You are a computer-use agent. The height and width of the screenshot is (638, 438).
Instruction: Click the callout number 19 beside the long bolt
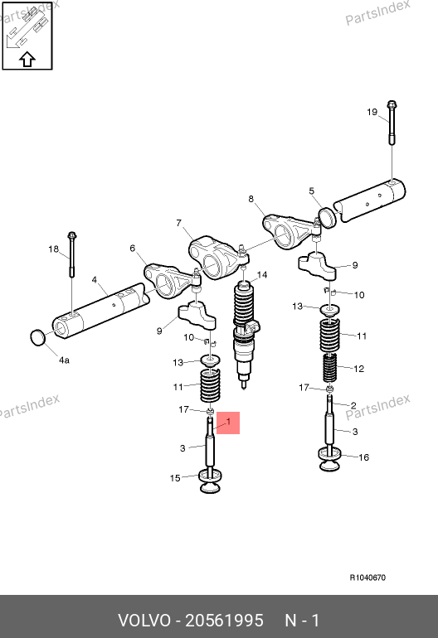372,112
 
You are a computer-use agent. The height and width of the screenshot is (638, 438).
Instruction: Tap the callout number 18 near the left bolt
53,249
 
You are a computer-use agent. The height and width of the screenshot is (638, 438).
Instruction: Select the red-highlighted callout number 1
228,422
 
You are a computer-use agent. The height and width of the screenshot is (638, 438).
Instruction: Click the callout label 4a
64,360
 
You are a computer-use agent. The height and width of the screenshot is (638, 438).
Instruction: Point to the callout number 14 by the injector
262,275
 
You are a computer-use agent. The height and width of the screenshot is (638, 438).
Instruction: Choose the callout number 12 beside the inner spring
359,369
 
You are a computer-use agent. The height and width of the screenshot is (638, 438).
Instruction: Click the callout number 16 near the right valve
364,457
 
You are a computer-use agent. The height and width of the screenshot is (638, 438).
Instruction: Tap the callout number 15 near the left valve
175,478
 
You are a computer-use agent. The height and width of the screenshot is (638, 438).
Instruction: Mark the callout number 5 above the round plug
312,191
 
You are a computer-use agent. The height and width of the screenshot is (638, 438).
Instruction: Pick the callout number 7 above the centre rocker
179,223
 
